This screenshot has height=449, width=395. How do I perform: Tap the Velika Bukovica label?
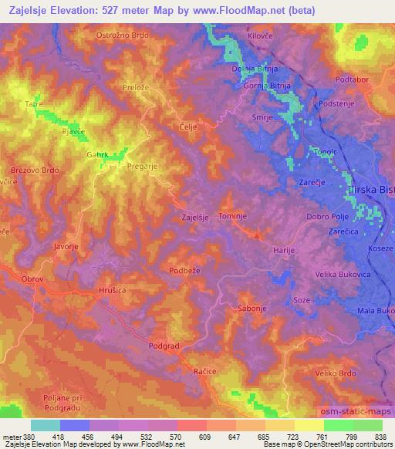343,274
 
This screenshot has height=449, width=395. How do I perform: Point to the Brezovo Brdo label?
34,170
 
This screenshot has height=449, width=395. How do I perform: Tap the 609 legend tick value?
204,437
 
